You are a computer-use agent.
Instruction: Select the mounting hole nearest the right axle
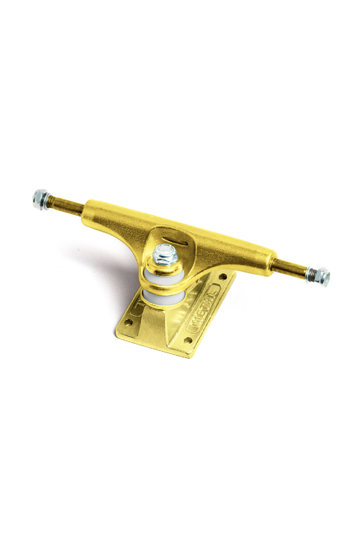coord(224,277)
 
